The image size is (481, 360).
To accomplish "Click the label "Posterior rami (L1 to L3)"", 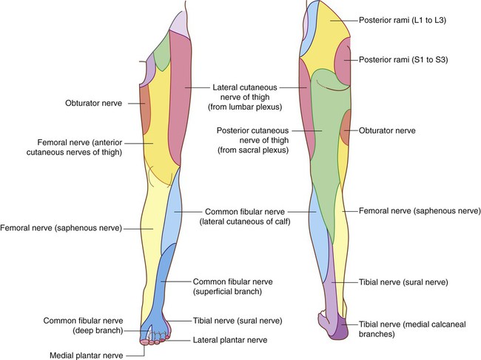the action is tap(403, 20).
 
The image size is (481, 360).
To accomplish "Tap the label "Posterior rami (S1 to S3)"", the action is tap(403, 59).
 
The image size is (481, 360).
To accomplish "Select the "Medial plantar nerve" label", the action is tap(86, 356).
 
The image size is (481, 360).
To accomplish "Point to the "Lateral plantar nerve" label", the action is tap(230, 340).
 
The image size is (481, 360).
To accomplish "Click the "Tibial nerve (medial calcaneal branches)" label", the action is tap(412, 329).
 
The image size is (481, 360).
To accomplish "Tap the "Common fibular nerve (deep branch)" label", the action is tap(83, 326).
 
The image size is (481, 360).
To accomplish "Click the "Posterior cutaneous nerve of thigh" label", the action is tap(253, 141).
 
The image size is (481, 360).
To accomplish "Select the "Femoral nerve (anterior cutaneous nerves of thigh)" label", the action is tap(74, 147).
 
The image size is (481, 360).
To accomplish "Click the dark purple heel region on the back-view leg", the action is tap(340, 329).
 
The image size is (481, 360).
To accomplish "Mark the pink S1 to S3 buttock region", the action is tap(343, 61).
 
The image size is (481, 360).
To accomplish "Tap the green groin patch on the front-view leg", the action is tap(162, 52).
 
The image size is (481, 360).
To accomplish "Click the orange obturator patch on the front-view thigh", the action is tap(145, 110).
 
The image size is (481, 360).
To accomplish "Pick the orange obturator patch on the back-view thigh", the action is tap(346, 127).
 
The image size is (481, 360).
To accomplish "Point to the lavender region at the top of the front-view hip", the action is tap(179, 24).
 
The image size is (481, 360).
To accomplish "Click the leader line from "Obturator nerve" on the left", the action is tap(136, 104).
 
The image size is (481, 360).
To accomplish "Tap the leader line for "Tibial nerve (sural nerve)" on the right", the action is tap(344, 282).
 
